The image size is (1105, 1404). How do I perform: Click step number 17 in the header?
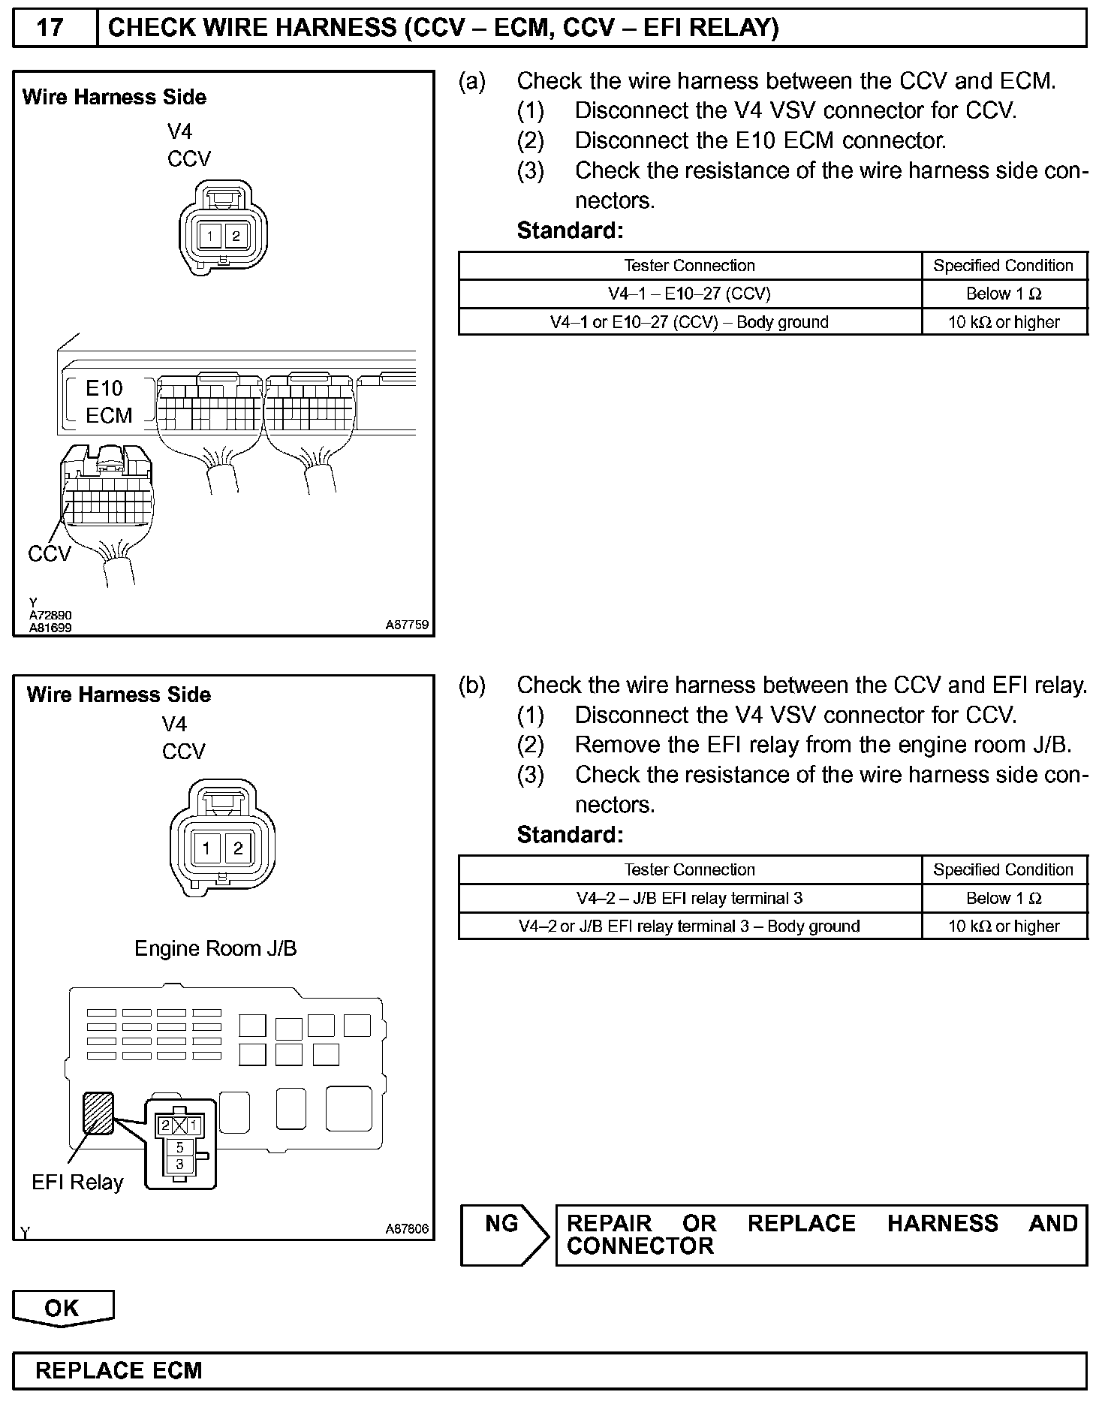pyautogui.click(x=50, y=29)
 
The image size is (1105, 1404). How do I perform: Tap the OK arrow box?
pyautogui.click(x=62, y=1308)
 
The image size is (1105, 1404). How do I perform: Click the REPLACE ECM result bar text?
pyautogui.click(x=119, y=1370)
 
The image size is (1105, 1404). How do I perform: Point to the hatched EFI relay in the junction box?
pyautogui.click(x=98, y=1113)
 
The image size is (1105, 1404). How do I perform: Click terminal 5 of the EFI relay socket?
pyautogui.click(x=179, y=1147)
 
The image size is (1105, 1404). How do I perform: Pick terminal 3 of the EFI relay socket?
pyautogui.click(x=179, y=1164)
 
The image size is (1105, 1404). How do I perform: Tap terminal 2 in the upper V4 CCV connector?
pyautogui.click(x=236, y=237)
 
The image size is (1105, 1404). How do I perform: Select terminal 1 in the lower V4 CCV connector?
pyautogui.click(x=206, y=848)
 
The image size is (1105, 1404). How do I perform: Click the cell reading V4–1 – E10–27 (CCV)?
pyautogui.click(x=689, y=294)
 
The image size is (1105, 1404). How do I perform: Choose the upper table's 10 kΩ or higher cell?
pyautogui.click(x=1004, y=322)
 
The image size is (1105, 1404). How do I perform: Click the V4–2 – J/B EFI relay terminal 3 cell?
pyautogui.click(x=689, y=898)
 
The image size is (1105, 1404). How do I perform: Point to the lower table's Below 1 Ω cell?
pyautogui.click(x=1004, y=898)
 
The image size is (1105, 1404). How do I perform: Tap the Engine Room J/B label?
pyautogui.click(x=215, y=948)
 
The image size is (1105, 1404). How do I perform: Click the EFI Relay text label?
pyautogui.click(x=77, y=1183)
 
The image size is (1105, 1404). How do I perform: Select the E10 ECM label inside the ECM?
pyautogui.click(x=107, y=402)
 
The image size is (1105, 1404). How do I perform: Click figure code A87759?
pyautogui.click(x=407, y=624)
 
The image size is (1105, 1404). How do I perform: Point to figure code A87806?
pyautogui.click(x=407, y=1229)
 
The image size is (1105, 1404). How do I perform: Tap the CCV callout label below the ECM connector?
pyautogui.click(x=50, y=554)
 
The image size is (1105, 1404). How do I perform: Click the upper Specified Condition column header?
pyautogui.click(x=1004, y=266)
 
